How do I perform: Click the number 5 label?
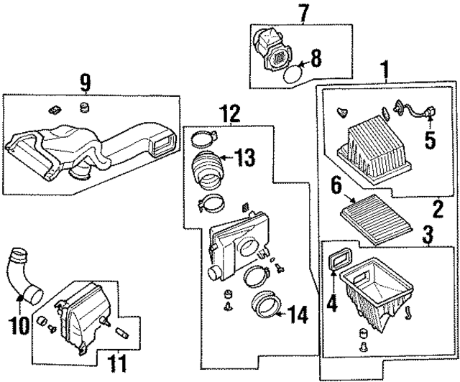click(431, 139)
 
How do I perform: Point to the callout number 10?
click(22, 325)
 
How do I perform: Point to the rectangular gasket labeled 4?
click(336, 260)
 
